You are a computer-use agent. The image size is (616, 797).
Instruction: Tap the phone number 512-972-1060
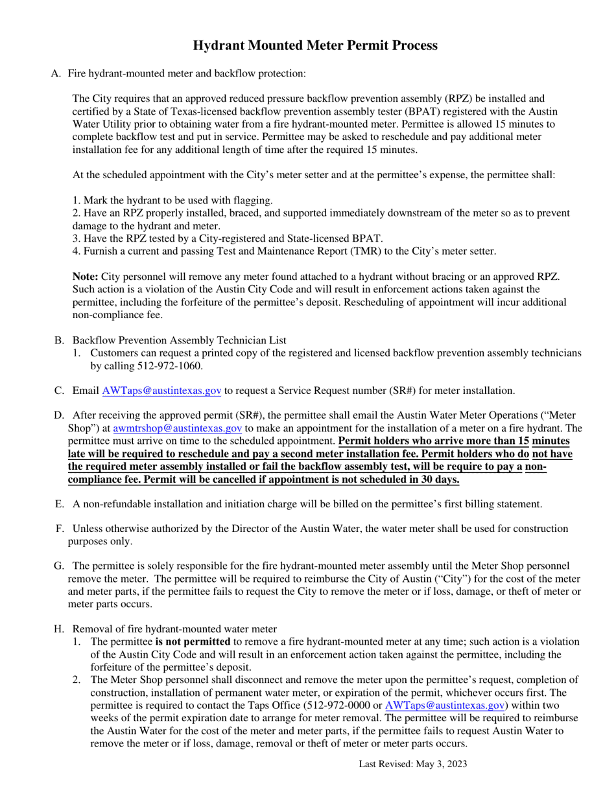[170, 366]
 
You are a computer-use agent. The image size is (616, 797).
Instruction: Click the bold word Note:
[86, 277]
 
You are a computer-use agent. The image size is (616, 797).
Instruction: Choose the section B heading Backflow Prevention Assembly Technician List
[179, 340]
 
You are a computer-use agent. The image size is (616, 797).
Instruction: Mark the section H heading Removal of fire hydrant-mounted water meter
[174, 629]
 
